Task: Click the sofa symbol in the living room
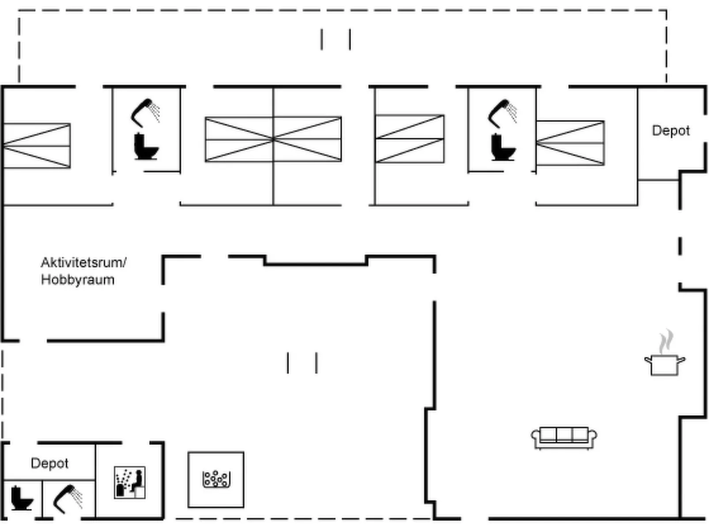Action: point(564,438)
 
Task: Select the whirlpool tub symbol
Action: point(216,479)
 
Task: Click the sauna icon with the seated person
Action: point(130,482)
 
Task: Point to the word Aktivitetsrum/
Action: point(84,263)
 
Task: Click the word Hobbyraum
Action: point(78,280)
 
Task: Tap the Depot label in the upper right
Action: point(671,131)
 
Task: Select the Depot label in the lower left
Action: point(49,463)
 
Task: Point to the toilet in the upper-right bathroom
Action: point(503,147)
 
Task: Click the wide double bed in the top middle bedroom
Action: point(273,139)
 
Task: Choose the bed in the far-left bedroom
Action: point(37,146)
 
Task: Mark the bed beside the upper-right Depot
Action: point(570,143)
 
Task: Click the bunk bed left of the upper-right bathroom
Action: point(410,139)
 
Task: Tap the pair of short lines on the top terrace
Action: point(336,39)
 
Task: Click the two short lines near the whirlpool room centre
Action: point(302,363)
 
